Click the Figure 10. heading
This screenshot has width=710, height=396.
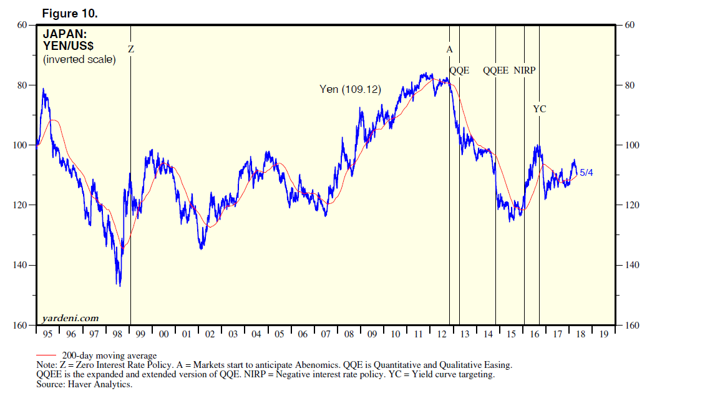(69, 12)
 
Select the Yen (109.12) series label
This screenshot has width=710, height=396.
(350, 90)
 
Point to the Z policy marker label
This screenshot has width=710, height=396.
(131, 49)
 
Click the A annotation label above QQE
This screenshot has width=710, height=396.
(449, 49)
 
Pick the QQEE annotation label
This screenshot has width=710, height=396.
(496, 70)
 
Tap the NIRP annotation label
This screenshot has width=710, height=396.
(525, 70)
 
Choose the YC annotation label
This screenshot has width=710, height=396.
(540, 109)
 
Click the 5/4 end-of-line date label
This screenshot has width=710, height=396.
(586, 173)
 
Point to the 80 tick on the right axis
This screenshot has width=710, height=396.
(630, 85)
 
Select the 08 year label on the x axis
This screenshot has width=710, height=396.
(349, 334)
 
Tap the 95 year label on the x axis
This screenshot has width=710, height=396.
(48, 334)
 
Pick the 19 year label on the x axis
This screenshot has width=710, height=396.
(603, 334)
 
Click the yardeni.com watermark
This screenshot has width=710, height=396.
(71, 318)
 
